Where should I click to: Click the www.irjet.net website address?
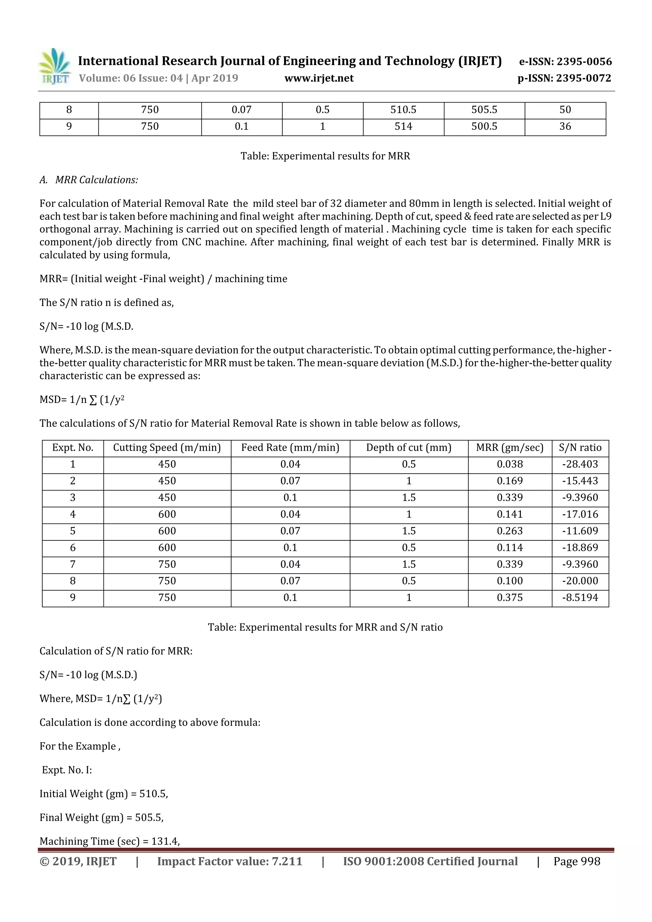pyautogui.click(x=319, y=78)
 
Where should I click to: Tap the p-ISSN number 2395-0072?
pyautogui.click(x=584, y=78)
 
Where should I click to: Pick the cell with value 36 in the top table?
pyautogui.click(x=565, y=126)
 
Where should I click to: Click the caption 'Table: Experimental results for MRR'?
pyautogui.click(x=325, y=156)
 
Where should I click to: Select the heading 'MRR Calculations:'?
pyautogui.click(x=96, y=180)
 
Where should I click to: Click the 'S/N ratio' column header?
pyautogui.click(x=580, y=448)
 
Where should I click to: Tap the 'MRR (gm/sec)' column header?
pyautogui.click(x=509, y=448)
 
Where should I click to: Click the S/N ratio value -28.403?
pyautogui.click(x=580, y=465)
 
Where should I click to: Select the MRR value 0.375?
pyautogui.click(x=509, y=598)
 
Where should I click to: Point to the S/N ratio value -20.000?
pyautogui.click(x=580, y=581)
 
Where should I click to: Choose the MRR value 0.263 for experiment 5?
pyautogui.click(x=509, y=531)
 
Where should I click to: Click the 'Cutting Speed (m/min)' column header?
pyautogui.click(x=167, y=448)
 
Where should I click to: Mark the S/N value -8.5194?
pyautogui.click(x=580, y=598)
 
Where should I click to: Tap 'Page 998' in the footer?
pyautogui.click(x=577, y=861)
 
